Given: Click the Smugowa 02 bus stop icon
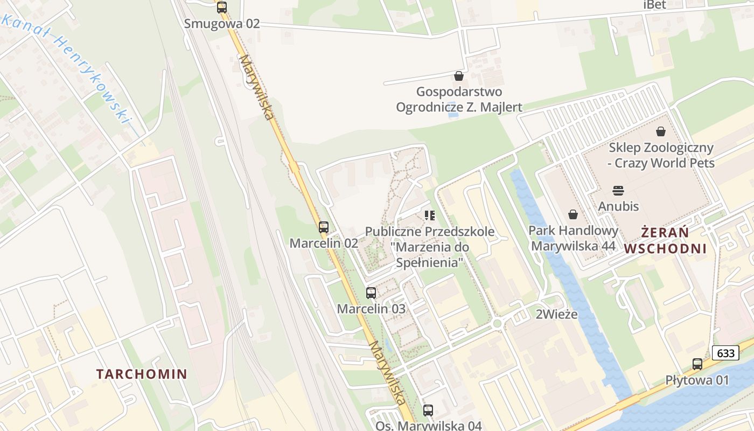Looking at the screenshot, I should pos(222,8).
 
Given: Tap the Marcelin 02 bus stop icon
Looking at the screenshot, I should pos(323,227).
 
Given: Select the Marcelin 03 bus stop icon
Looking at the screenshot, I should pos(371,293).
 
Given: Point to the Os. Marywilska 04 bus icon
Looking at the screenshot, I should pos(428,411).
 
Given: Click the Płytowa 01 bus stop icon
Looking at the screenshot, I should pos(697,364).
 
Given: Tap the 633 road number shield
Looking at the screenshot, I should pos(725,353).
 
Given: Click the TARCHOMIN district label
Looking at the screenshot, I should pos(142,374).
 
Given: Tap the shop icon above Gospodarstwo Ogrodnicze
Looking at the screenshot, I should pos(459,76).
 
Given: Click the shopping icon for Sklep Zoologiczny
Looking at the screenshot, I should pos(661,131).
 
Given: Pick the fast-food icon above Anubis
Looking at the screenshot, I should pos(618,190).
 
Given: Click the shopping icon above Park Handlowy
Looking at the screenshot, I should pos(573,215).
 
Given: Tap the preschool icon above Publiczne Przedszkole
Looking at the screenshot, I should pos(429,215).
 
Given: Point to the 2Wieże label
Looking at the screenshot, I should pos(556,314).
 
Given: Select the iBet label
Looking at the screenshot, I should pos(654,5).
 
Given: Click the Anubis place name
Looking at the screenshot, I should pos(618,206).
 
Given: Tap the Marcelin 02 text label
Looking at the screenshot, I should pos(324,243).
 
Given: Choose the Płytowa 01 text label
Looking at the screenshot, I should pos(697,380).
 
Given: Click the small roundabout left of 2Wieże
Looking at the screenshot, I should pos(497,323).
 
